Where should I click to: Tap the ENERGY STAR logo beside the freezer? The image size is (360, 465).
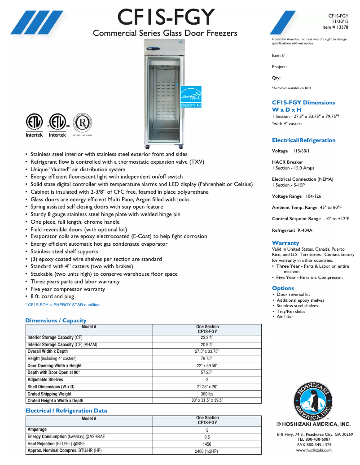191,96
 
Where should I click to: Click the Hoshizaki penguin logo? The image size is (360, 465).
313,399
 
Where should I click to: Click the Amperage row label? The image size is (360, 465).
37,430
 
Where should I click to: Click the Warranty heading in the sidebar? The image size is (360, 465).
285,243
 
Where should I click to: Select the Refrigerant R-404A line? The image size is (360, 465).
292,230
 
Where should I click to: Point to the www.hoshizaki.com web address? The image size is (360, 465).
314,450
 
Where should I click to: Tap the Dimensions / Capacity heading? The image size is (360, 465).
56,320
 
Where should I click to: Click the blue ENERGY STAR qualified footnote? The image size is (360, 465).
62,305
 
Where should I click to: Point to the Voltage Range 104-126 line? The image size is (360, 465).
297,196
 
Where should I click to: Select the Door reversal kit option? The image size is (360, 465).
294,295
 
